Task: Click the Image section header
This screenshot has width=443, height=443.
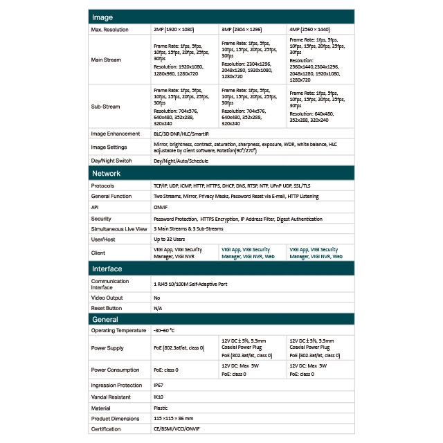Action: [102, 17]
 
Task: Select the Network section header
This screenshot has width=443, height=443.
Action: [107, 174]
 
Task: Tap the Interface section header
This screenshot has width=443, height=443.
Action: [107, 269]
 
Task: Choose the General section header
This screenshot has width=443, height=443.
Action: [105, 319]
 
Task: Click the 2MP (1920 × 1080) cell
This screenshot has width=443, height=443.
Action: [174, 30]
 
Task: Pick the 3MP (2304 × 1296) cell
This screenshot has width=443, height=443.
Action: [242, 30]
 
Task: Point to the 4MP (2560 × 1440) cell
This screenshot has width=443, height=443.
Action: [310, 30]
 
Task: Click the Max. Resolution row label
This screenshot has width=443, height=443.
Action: [110, 30]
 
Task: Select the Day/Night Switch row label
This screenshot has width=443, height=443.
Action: [111, 161]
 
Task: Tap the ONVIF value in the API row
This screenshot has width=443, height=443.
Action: [161, 207]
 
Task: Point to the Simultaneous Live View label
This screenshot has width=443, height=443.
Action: [119, 228]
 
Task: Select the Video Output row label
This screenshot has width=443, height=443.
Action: [107, 298]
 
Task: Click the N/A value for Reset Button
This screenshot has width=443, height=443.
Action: [158, 308]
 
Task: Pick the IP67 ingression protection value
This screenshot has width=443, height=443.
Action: [158, 385]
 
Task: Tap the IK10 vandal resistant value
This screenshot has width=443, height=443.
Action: [158, 397]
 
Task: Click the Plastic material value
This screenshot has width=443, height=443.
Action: [161, 408]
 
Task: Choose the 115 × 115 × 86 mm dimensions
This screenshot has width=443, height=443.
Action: [174, 419]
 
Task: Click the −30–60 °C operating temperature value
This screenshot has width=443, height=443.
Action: [165, 330]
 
